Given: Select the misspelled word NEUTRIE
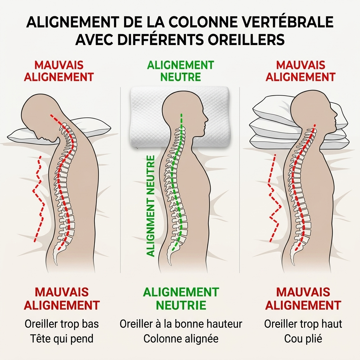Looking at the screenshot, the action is click(x=181, y=305).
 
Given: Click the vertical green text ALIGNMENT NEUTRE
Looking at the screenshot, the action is click(x=150, y=206).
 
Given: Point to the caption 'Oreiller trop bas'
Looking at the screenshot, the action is click(x=62, y=324).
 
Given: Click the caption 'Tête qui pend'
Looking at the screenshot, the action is click(x=62, y=339).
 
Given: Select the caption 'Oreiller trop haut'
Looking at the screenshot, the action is click(x=303, y=324).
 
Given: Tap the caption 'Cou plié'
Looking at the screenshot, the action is click(x=303, y=339).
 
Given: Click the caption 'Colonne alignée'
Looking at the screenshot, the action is click(x=181, y=339).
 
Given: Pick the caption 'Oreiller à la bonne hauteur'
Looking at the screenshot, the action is click(x=181, y=324).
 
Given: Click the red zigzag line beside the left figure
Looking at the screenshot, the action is click(x=39, y=199).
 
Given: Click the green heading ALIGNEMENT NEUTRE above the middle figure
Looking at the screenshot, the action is click(x=181, y=71).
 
